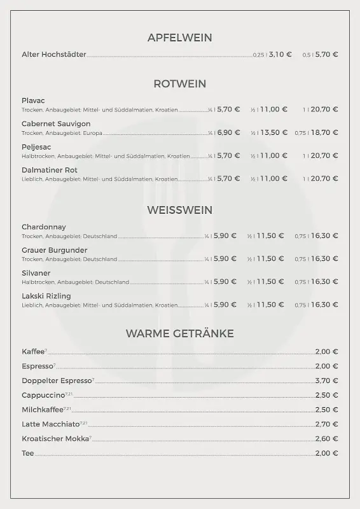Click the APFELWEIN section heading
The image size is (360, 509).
179,38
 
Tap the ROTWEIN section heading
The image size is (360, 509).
179,83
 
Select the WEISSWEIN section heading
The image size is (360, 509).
179,210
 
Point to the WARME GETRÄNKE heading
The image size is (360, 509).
179,333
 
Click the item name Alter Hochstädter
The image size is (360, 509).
54,55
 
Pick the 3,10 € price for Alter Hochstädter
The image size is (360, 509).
280,55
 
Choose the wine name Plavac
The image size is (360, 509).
33,101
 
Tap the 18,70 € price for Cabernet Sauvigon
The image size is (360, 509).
324,132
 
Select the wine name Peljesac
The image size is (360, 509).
36,146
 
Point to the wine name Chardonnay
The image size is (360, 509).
44,227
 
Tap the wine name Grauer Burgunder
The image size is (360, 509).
55,250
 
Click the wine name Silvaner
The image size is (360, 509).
36,273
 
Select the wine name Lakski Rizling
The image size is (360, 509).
46,296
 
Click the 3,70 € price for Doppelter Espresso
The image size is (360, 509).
326,380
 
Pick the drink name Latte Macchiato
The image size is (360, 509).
51,424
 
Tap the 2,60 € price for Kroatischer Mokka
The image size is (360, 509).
326,439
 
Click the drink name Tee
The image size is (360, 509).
27,454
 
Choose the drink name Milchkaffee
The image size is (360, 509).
43,410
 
